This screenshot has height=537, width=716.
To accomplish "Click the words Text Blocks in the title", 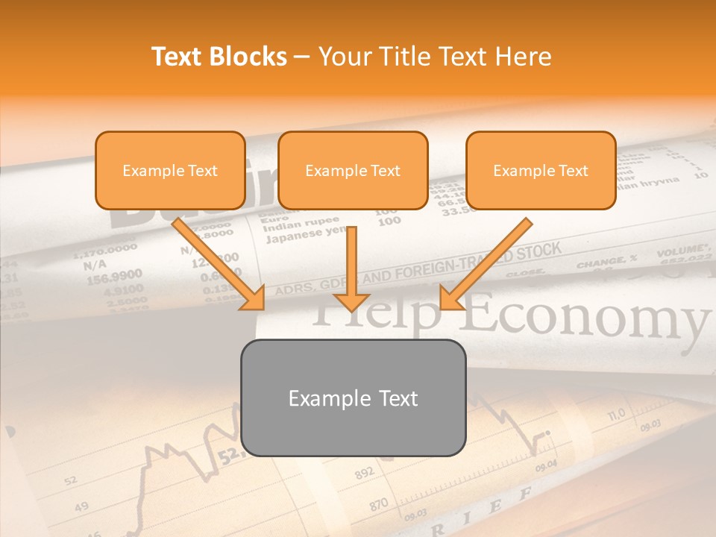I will [219, 57].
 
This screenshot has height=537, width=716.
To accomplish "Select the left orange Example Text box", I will [170, 171].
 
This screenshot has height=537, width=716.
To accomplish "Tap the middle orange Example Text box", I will [353, 171].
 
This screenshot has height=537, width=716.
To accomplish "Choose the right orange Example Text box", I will [541, 171].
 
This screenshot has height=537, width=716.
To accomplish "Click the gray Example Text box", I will [354, 398].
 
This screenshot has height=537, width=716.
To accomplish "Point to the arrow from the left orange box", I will [219, 265].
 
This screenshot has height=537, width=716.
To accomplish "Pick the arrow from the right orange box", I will [486, 265].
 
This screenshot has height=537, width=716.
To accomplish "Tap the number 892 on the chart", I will [364, 474].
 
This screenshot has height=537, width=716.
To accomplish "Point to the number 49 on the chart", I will [81, 507].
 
